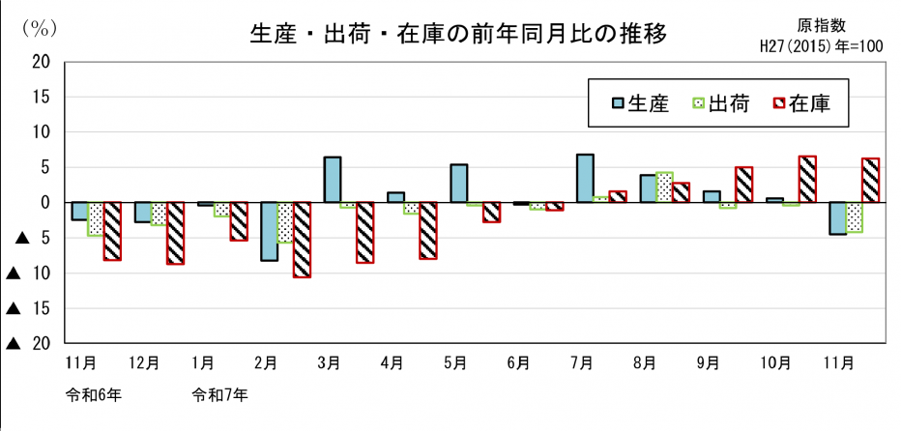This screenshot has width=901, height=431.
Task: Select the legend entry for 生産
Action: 638,103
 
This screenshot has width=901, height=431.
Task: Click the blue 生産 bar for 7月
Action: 585,179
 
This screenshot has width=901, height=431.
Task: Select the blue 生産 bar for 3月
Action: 332,180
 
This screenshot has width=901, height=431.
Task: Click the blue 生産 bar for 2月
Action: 269,232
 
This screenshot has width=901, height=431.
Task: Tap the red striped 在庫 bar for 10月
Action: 807,180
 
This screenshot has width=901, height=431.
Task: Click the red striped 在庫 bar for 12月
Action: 175,233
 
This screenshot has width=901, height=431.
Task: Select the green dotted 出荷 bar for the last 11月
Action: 854,217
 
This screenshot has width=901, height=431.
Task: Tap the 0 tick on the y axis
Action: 45,203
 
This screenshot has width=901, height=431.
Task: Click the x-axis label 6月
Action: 518,364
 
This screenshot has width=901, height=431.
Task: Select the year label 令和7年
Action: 220,395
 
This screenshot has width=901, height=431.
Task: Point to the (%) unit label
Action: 38,28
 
